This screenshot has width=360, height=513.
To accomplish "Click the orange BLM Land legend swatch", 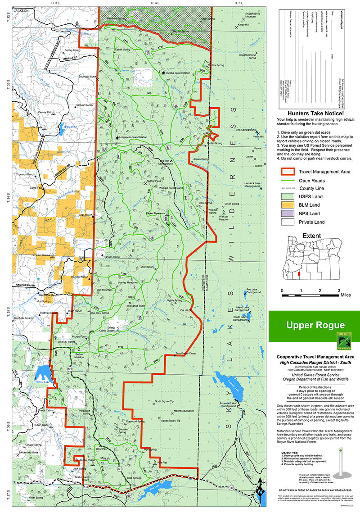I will click(x=288, y=204).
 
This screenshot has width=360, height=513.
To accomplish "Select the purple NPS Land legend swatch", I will click(x=288, y=213).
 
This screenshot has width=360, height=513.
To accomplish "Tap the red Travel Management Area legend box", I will click(x=288, y=172).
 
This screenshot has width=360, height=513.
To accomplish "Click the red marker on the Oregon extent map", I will click(x=299, y=274).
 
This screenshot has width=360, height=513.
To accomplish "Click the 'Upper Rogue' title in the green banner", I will click(x=309, y=325).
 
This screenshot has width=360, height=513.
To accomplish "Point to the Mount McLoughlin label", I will click(x=184, y=411).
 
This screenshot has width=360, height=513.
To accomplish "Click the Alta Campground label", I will click(x=246, y=129).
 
